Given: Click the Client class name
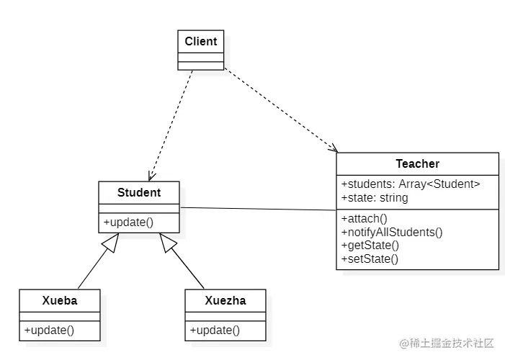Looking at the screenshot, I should (200, 42).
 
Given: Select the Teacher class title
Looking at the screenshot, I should (417, 164).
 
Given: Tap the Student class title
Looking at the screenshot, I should (139, 193).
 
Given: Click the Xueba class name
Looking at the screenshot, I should (60, 301).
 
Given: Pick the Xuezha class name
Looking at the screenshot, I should (225, 301).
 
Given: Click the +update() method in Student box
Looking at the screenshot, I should (129, 222).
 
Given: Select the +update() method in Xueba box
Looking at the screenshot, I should (50, 330).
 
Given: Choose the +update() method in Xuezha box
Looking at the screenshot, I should (215, 330).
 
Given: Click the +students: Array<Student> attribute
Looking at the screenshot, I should (410, 184).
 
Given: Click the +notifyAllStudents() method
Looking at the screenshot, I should (391, 232).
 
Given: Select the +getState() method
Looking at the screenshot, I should (370, 246).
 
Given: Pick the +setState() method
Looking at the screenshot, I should (369, 258).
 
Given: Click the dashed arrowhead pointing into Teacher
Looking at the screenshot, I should (333, 148).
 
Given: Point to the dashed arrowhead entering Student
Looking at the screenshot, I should (151, 176).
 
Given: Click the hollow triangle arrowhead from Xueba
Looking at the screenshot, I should (110, 243).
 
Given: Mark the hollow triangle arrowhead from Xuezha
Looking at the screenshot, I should (168, 243).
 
